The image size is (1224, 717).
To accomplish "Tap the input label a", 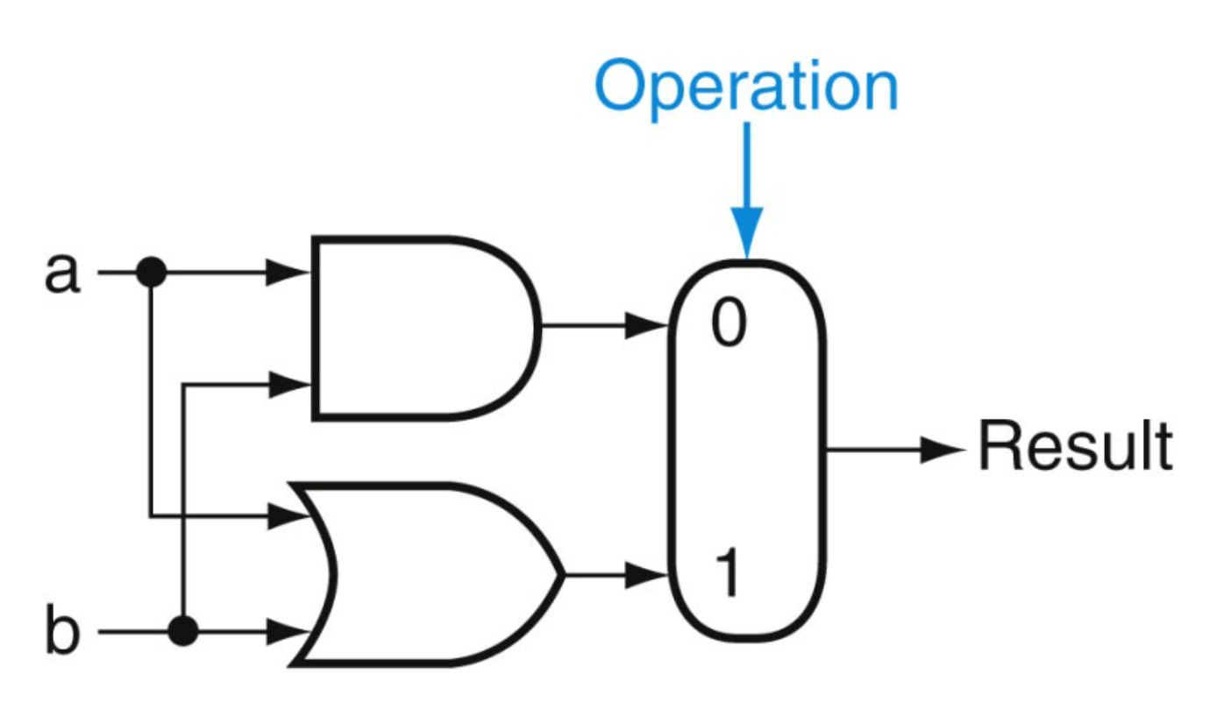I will pyautogui.click(x=62, y=273).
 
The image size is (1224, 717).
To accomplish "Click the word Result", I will pyautogui.click(x=1075, y=448).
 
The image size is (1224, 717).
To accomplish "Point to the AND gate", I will pyautogui.click(x=421, y=326).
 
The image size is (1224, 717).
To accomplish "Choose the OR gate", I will pyautogui.click(x=430, y=574).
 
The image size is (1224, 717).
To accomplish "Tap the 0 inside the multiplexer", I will pyautogui.click(x=728, y=325).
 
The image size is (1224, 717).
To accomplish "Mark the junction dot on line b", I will pyautogui.click(x=183, y=630).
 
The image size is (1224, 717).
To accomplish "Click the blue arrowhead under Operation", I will pyautogui.click(x=747, y=238).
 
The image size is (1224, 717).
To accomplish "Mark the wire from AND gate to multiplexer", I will pyautogui.click(x=583, y=327).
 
